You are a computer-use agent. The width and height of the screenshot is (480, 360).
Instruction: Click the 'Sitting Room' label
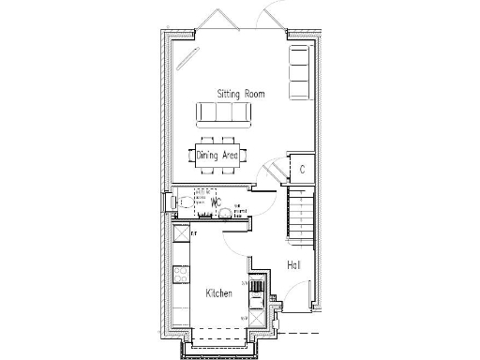(241, 95)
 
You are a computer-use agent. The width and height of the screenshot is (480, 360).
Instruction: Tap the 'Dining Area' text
(217, 155)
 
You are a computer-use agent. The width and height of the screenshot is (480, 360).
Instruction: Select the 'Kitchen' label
(218, 294)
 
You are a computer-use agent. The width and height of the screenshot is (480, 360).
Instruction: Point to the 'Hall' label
(293, 265)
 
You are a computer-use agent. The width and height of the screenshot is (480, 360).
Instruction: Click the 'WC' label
(215, 201)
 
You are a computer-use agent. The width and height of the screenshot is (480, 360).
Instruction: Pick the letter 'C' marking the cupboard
(302, 170)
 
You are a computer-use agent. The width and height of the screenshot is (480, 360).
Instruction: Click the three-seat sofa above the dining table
(223, 113)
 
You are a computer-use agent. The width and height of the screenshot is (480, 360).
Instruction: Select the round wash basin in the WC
(225, 212)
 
